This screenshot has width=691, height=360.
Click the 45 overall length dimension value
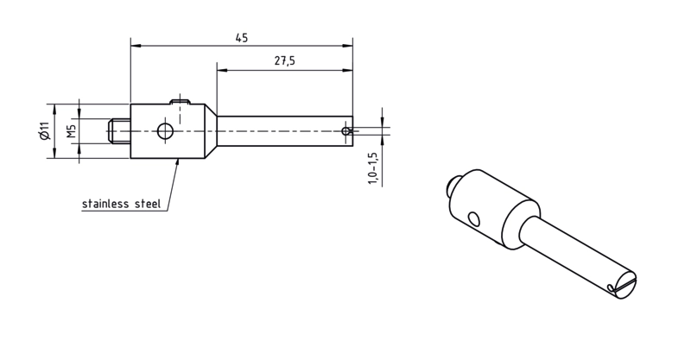click(x=242, y=38)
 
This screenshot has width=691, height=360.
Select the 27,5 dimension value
click(x=285, y=60)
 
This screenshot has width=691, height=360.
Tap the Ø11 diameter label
click(x=44, y=131)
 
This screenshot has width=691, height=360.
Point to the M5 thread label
click(x=72, y=131)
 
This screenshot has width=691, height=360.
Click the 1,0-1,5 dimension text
click(x=372, y=168)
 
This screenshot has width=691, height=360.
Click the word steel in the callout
click(x=148, y=204)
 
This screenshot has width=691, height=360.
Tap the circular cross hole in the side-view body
click(x=165, y=131)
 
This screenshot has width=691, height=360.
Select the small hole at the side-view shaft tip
click(x=346, y=131)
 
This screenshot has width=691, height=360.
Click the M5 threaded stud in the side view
click(x=119, y=131)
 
